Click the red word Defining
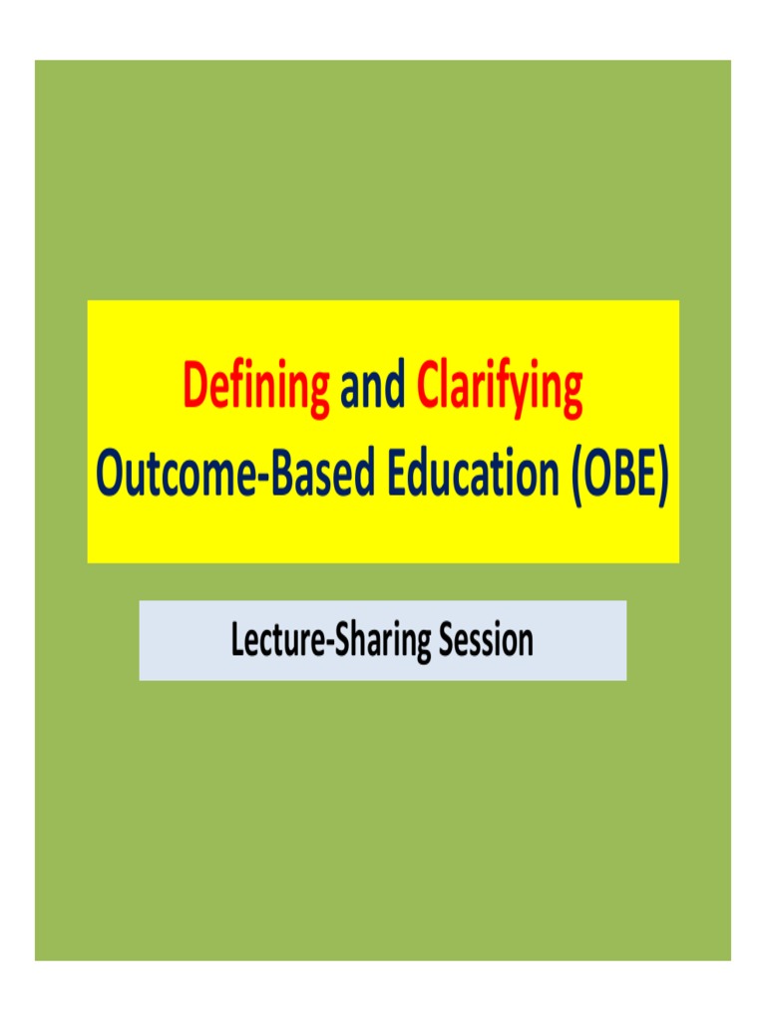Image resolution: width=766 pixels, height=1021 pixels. click(256, 390)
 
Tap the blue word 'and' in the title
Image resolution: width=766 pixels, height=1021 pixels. click(373, 390)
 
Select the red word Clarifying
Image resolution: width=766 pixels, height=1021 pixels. click(499, 390)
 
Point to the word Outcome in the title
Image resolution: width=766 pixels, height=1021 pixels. click(171, 477)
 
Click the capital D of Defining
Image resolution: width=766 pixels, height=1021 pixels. click(195, 388)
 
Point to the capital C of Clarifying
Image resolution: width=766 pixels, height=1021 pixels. click(428, 388)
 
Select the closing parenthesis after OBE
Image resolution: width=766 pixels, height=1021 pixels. click(661, 478)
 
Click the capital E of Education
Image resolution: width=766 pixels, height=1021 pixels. click(396, 476)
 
